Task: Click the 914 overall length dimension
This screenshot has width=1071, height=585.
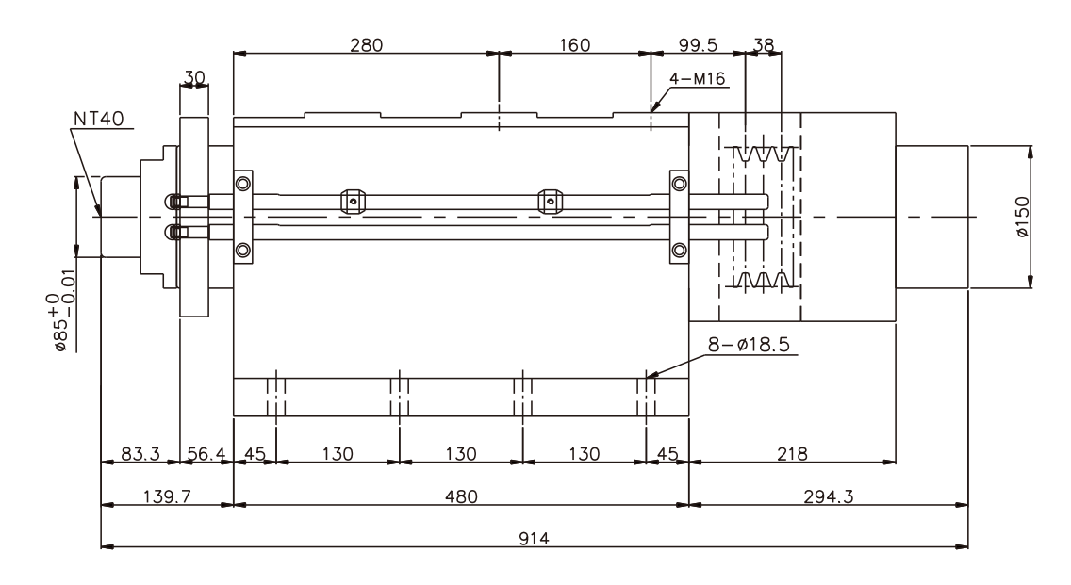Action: pyautogui.click(x=535, y=538)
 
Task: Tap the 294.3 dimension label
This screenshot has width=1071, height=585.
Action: pyautogui.click(x=829, y=496)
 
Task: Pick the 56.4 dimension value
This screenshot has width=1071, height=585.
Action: pyautogui.click(x=205, y=454)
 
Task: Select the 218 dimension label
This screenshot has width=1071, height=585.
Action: pyautogui.click(x=791, y=454)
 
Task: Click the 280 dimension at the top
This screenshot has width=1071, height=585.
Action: pyautogui.click(x=367, y=44)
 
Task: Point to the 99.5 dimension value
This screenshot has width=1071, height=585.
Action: pyautogui.click(x=699, y=44)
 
